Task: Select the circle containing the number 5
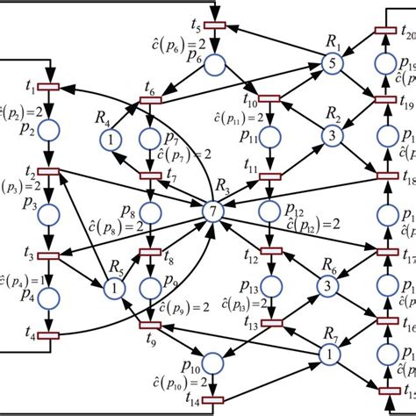pyautogui.click(x=331, y=63)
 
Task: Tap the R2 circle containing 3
pyautogui.click(x=331, y=136)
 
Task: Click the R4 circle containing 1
pyautogui.click(x=112, y=138)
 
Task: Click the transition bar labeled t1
pyautogui.click(x=48, y=87)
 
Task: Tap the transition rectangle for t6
pyautogui.click(x=154, y=101)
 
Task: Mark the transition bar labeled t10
pyautogui.click(x=269, y=98)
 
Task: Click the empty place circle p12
pyautogui.click(x=269, y=211)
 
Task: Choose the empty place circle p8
pyautogui.click(x=153, y=211)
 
